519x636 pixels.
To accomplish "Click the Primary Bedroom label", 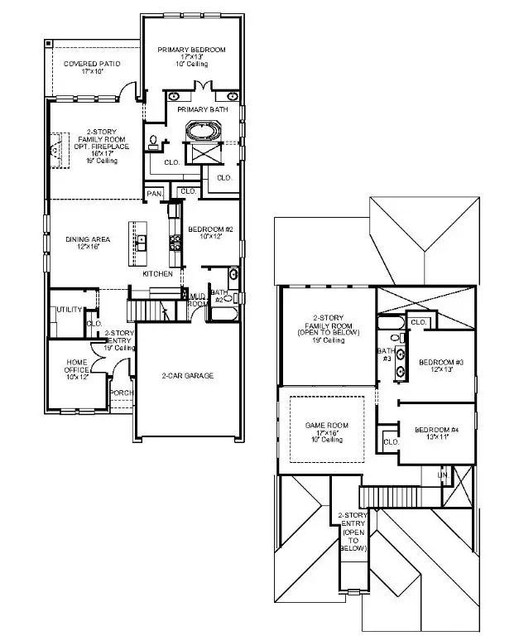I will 191,50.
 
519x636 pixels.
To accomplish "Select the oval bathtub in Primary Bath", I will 204,131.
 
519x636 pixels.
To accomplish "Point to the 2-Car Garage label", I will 187,376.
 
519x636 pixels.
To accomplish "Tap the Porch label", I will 121,393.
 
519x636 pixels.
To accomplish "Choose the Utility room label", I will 67,310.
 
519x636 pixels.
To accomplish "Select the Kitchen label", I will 157,273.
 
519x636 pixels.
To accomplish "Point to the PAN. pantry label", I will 154,193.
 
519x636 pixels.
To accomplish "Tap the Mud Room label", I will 198,299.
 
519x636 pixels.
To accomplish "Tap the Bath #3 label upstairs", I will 386,354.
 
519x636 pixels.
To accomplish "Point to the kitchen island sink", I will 142,242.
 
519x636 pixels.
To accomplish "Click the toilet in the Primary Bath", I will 154,142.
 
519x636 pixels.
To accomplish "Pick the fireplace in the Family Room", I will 56,152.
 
